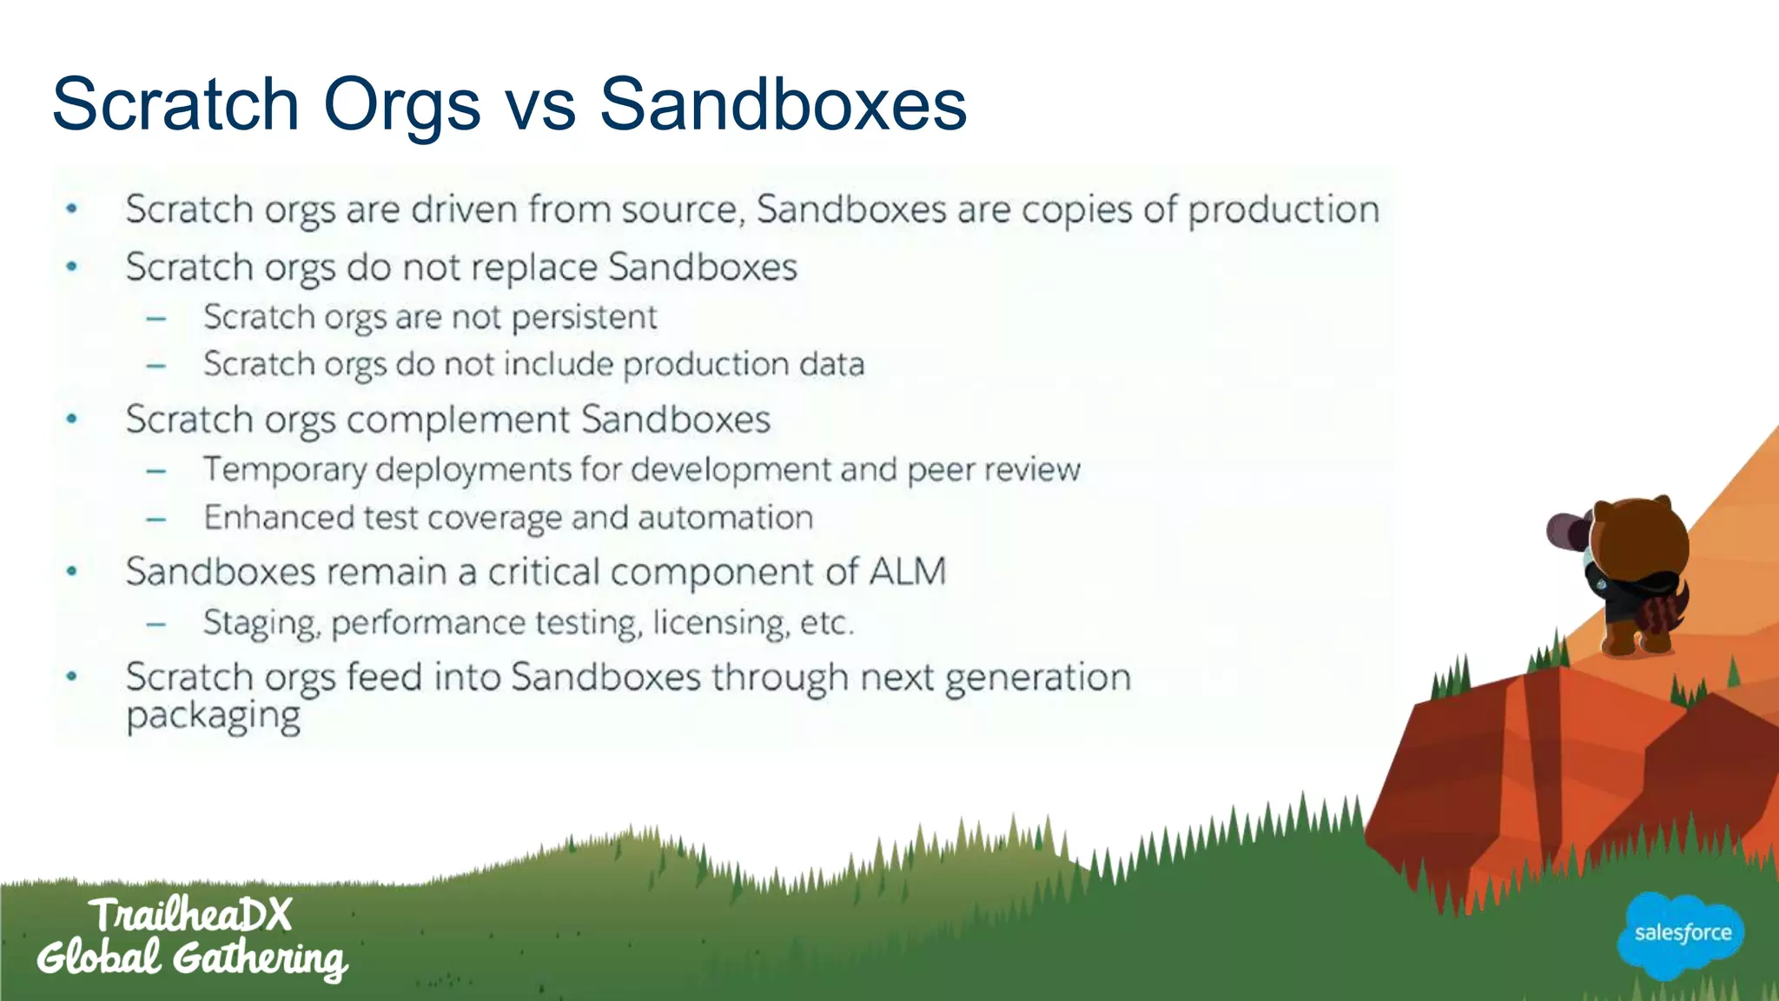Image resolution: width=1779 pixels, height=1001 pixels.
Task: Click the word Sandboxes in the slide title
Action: coord(783,104)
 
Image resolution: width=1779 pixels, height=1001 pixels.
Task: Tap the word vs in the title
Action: coord(539,106)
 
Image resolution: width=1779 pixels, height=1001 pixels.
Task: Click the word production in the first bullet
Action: coord(1283,210)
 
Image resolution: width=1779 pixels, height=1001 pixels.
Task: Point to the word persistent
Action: coord(584,318)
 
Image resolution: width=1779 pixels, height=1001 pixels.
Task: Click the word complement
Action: coord(458,421)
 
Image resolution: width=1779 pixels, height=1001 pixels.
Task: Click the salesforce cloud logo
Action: coord(1682,935)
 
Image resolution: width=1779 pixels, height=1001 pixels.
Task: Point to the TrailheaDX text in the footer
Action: coord(190,915)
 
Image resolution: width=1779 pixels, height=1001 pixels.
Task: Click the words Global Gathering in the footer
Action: coord(191,958)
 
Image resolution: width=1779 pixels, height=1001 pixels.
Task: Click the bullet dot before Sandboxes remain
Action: coord(72,572)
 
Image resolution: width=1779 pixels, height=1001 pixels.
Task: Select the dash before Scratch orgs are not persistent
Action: coord(156,319)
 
